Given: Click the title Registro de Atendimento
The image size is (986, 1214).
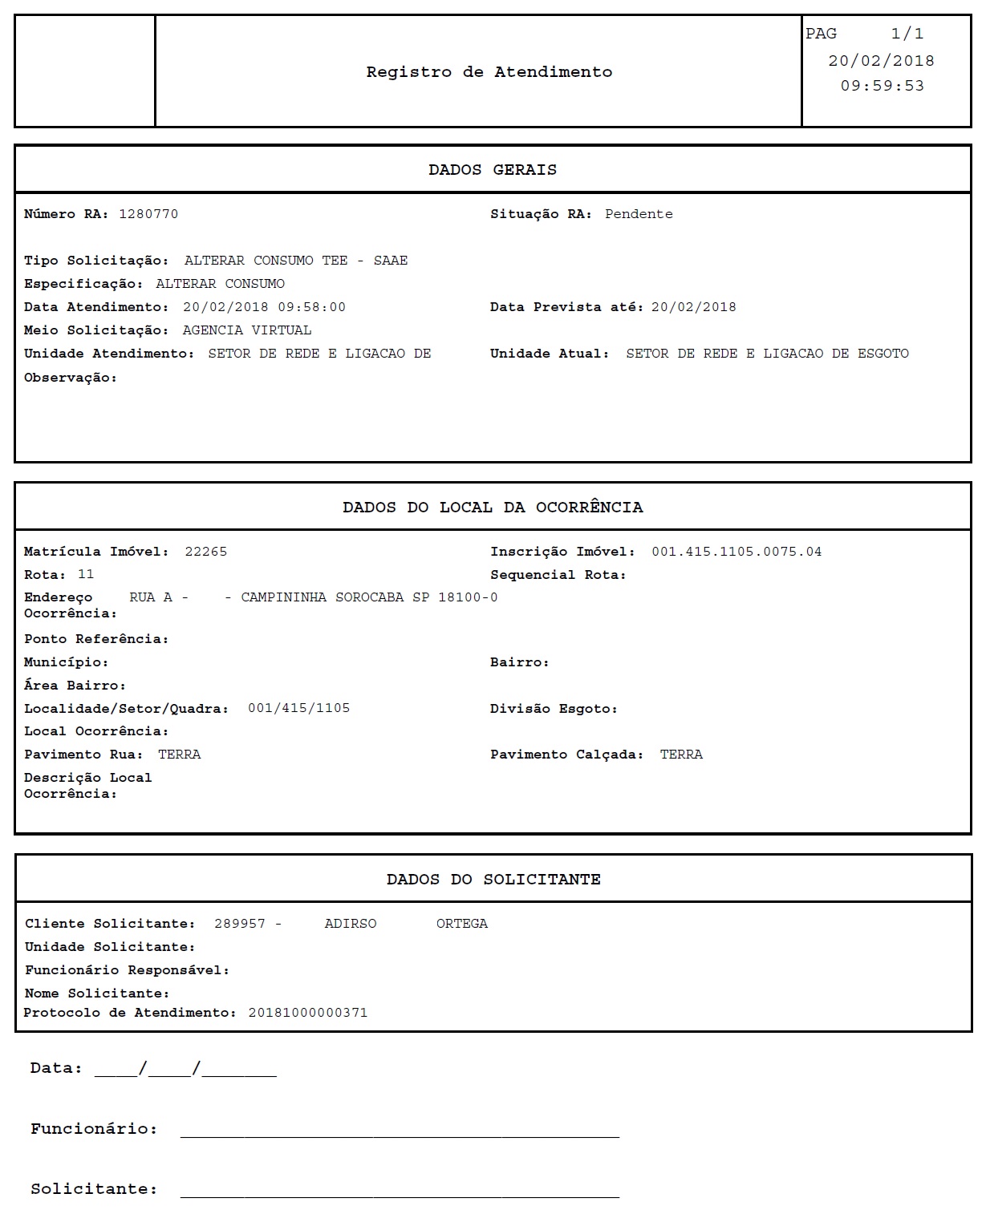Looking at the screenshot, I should (489, 72).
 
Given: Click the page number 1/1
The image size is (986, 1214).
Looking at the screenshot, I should (907, 34).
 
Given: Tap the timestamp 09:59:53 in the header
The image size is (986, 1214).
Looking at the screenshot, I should (882, 86).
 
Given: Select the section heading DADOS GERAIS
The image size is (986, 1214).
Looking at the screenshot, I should (492, 170).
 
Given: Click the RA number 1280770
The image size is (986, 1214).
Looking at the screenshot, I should (148, 214).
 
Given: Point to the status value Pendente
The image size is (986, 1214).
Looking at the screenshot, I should (639, 214).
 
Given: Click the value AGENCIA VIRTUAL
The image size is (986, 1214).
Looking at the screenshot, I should (247, 330).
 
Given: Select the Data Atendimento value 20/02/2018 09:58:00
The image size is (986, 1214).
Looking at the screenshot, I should (264, 307).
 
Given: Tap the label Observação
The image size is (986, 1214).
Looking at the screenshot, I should (71, 378).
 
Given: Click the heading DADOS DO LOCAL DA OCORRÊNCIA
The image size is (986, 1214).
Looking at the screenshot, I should (493, 508).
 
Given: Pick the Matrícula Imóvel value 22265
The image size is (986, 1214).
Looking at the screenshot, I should (206, 552).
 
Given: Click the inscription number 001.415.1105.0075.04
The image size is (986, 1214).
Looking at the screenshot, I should (736, 552).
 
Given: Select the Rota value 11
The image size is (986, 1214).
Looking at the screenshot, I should (86, 574).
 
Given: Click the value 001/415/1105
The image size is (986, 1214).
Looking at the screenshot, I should (298, 708).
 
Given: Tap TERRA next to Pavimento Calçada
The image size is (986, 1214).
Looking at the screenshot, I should (681, 755).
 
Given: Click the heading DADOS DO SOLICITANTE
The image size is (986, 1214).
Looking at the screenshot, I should (493, 880).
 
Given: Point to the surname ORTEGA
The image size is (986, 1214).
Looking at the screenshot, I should (461, 924).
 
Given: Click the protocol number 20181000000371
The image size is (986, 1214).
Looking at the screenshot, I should (308, 1013).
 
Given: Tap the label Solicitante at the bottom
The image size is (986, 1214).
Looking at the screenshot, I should (93, 1189).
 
